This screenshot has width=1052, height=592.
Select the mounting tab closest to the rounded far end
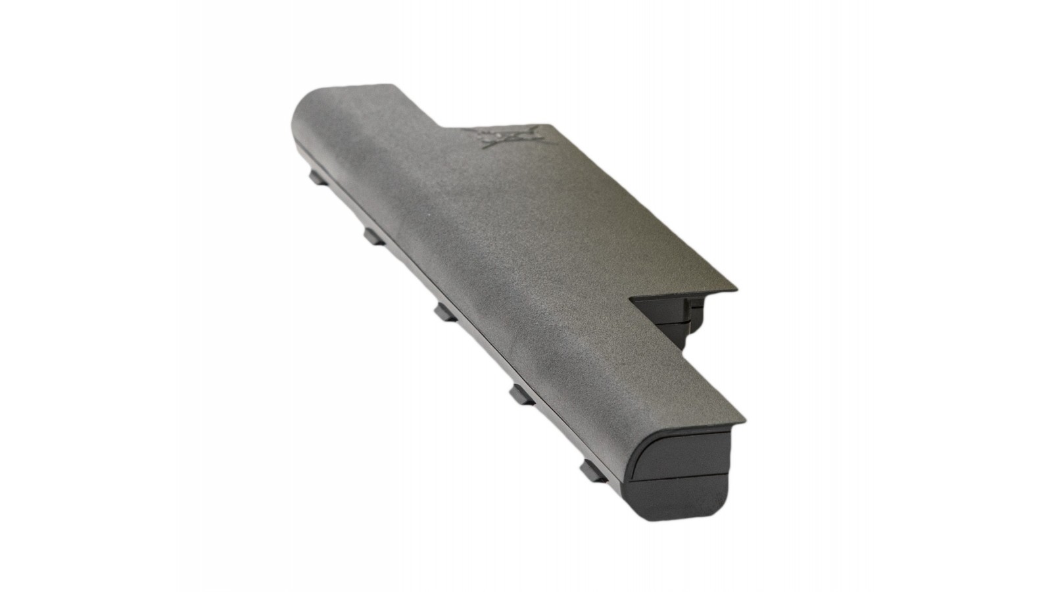pos(318,176)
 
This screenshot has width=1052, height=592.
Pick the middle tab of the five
pos(445,311)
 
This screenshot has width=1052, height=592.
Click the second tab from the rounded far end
pos(373,235)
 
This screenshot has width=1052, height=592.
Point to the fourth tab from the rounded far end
pos(521,393)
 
